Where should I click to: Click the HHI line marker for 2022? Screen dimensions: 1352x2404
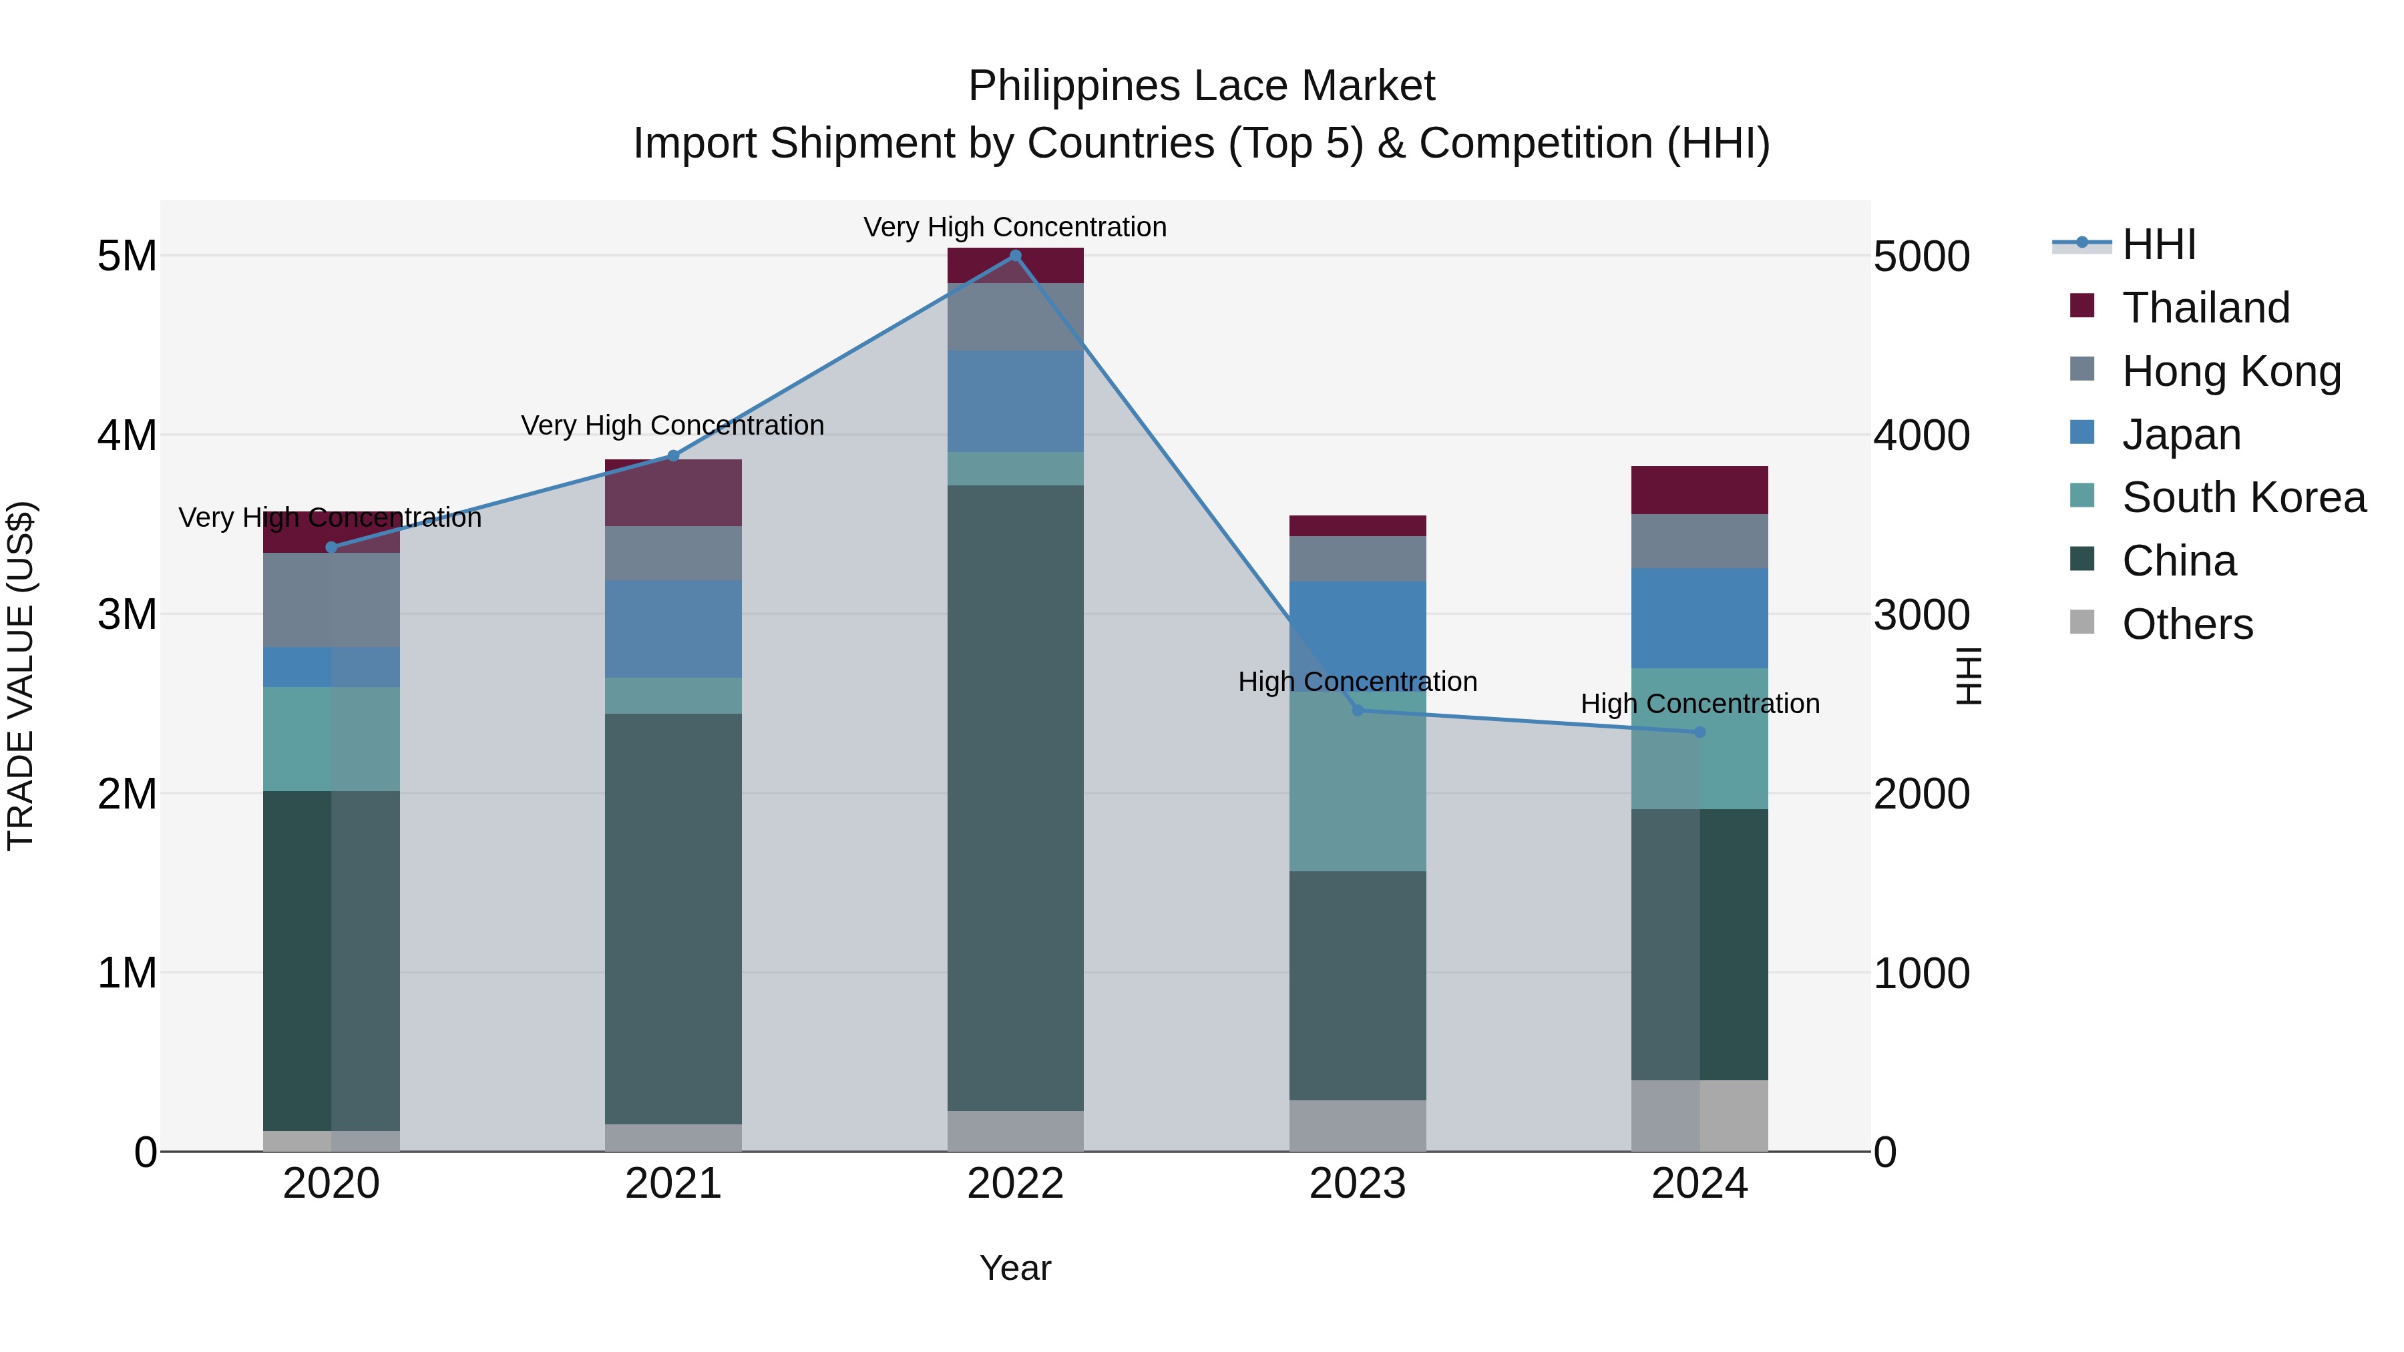[1015, 256]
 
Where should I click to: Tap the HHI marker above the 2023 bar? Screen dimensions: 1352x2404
[1358, 711]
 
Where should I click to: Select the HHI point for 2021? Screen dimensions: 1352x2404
[673, 456]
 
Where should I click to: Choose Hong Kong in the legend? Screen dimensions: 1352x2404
[2231, 371]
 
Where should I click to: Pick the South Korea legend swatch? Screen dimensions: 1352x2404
[2082, 495]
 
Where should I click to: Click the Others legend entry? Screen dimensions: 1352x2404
[2186, 624]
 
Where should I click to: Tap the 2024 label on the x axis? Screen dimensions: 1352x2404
[1699, 1184]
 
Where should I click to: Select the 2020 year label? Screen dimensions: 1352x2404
[331, 1184]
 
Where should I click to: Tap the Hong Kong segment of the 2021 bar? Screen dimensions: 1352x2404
[673, 553]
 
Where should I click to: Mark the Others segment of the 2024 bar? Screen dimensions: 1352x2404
[1699, 1116]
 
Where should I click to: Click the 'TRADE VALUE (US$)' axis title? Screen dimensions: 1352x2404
[21, 676]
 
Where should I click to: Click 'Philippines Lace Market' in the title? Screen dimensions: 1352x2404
[1201, 86]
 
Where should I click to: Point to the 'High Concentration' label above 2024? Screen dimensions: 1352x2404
[1699, 704]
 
